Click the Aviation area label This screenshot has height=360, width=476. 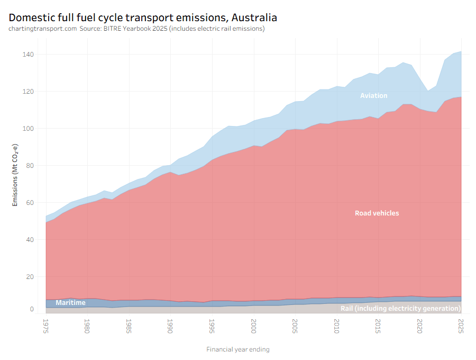coord(373,96)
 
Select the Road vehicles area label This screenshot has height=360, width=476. coord(377,213)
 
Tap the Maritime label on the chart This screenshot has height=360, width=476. coord(70,303)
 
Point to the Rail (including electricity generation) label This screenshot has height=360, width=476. coord(400,309)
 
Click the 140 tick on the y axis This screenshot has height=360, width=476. coord(29,55)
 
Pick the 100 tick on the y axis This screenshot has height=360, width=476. coord(29,129)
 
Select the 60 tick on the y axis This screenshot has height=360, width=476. coord(30,203)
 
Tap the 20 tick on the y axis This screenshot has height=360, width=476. coord(30,277)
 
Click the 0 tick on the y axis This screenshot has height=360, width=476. coord(32,309)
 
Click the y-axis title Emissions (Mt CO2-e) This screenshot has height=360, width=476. coord(15,175)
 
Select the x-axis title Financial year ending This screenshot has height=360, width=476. coord(238,349)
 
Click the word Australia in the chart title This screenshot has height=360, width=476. coord(254,17)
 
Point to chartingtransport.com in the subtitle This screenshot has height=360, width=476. coord(43,29)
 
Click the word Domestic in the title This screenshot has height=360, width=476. coord(31,17)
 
